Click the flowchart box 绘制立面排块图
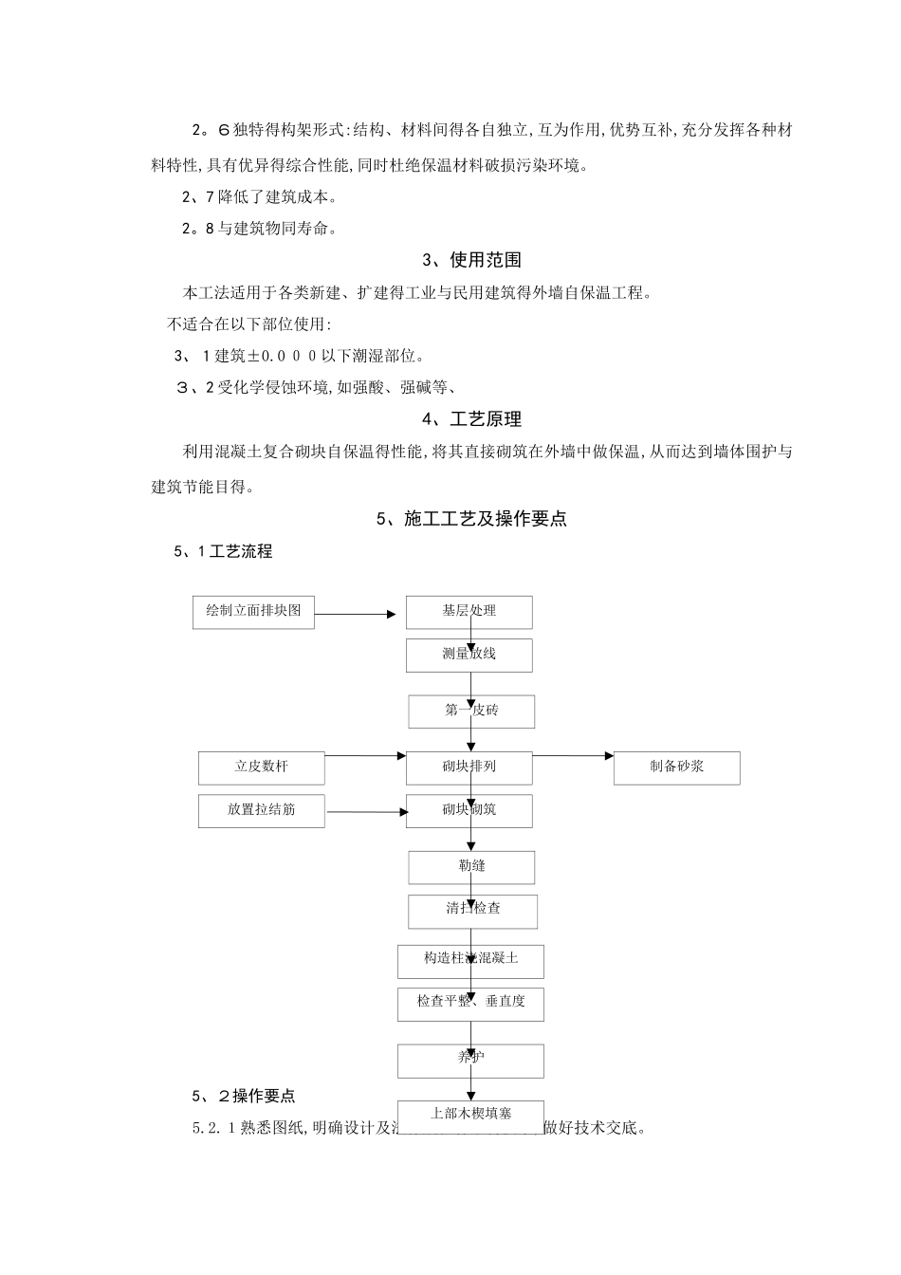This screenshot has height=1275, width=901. tap(253, 612)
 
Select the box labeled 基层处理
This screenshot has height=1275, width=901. tap(469, 612)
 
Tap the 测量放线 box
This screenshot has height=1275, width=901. tap(469, 655)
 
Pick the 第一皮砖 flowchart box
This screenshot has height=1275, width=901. tap(471, 711)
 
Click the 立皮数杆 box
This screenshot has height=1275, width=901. tap(261, 767)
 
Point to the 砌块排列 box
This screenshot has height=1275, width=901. tap(469, 767)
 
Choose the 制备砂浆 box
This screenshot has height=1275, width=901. tap(676, 767)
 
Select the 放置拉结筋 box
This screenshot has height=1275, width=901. tap(261, 811)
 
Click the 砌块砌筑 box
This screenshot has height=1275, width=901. tap(469, 811)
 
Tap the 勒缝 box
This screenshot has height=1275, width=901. tap(471, 866)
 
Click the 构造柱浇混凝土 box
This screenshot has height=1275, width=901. tap(470, 960)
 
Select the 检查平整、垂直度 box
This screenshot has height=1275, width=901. tap(470, 1003)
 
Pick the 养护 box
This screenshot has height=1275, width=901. tap(470, 1060)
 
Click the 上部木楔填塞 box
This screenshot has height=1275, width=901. tap(470, 1115)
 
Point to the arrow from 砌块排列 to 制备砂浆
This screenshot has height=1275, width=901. tap(573, 756)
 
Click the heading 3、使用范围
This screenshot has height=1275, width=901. tap(471, 260)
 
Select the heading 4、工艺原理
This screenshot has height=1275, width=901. tap(471, 419)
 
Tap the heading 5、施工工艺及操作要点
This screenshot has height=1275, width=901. tap(471, 519)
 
